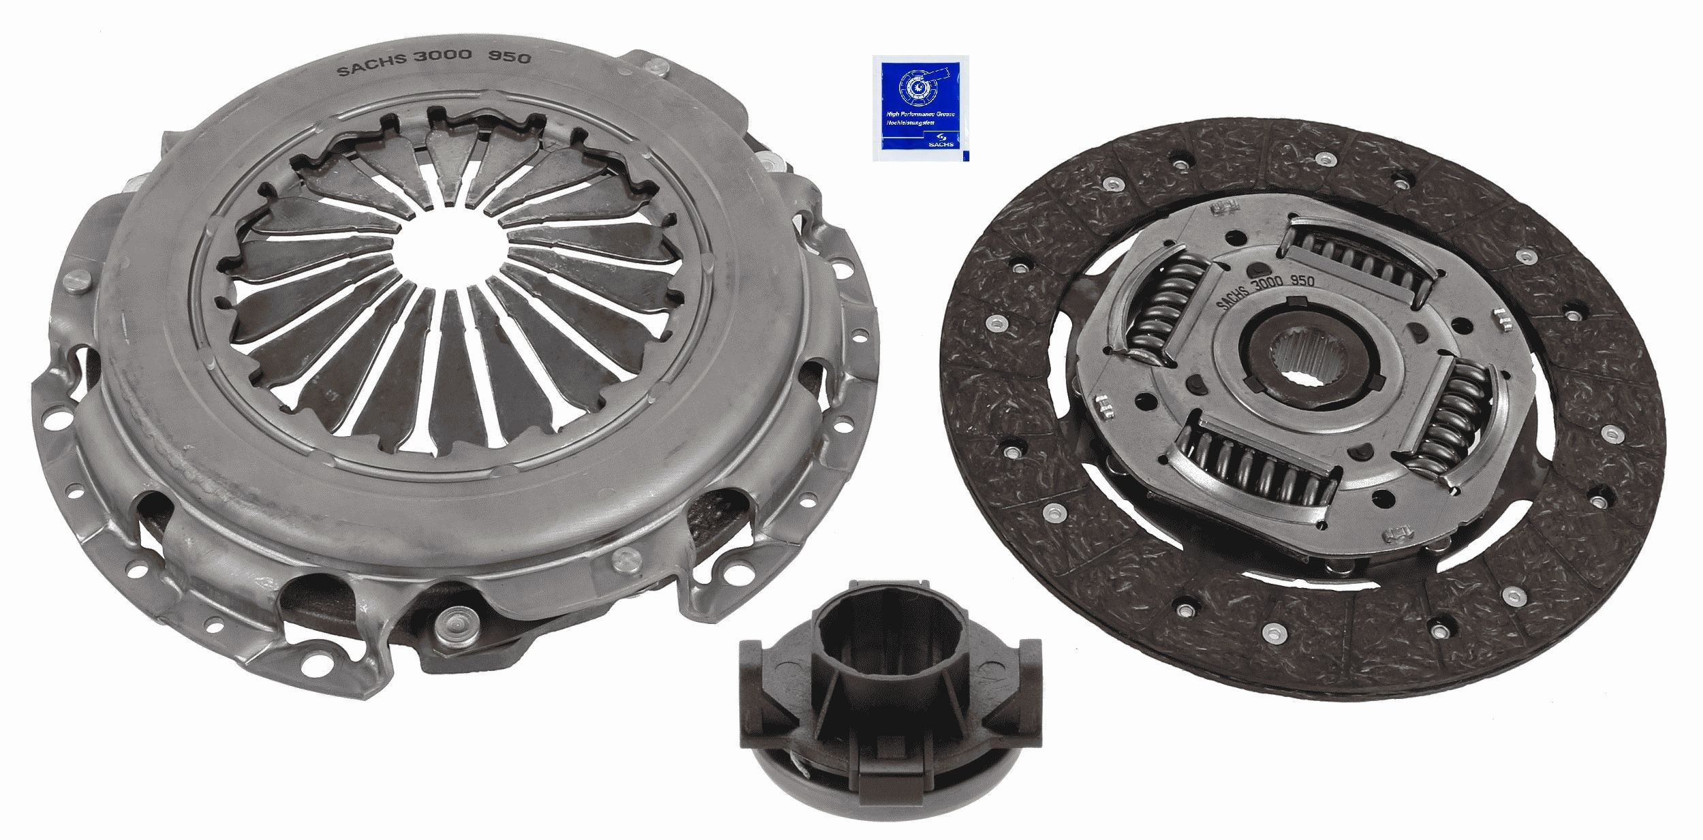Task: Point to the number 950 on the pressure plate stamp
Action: pos(512,59)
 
